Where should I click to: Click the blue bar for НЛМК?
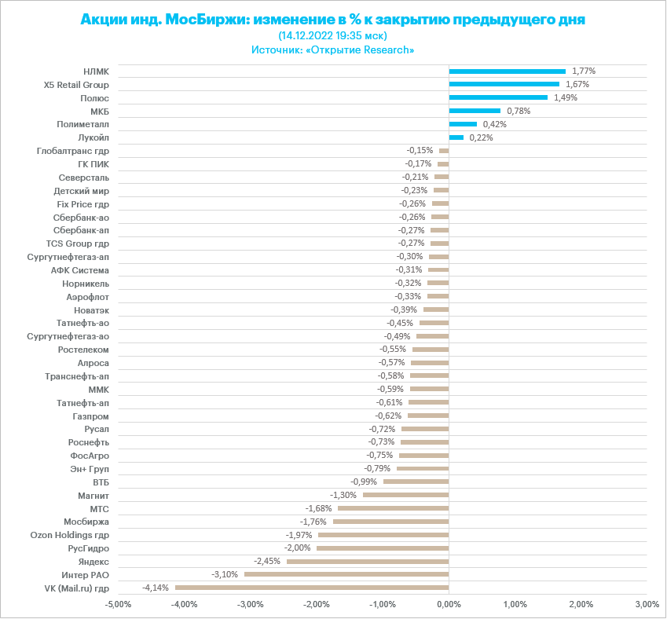(x=507, y=71)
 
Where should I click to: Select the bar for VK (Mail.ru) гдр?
(x=312, y=588)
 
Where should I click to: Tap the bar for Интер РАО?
(x=346, y=574)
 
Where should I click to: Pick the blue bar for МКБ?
(x=475, y=111)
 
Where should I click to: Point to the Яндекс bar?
(x=368, y=561)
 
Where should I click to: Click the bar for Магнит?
(x=405, y=495)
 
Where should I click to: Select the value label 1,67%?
(x=577, y=84)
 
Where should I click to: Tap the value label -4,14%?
(x=156, y=588)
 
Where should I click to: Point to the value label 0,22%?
(x=481, y=137)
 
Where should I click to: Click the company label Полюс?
(x=94, y=97)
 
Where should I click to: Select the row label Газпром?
(x=91, y=416)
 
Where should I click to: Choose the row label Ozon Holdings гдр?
(x=70, y=535)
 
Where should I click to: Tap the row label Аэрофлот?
(x=88, y=297)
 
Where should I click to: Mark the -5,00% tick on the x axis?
(x=118, y=604)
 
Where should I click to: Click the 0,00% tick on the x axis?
(x=449, y=604)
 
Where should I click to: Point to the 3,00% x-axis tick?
(x=647, y=604)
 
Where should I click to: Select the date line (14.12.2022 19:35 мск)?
(x=333, y=35)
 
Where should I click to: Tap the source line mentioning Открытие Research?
(x=333, y=49)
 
